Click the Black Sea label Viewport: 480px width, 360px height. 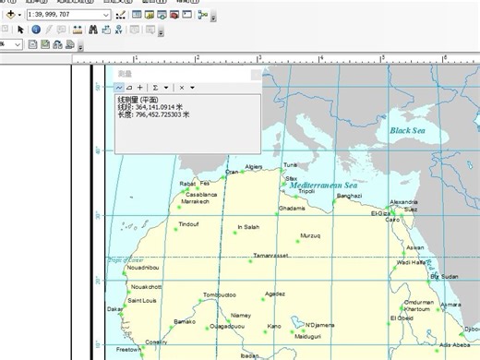tap(411, 131)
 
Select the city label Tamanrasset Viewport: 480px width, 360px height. tap(271, 255)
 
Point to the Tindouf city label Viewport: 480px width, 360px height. tap(188, 223)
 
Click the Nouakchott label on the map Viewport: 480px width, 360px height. tap(146, 287)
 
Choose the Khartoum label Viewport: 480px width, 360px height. tap(417, 309)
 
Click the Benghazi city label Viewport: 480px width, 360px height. tap(349, 196)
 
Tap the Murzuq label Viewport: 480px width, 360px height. tap(311, 235)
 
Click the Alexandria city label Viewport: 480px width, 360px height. tap(403, 201)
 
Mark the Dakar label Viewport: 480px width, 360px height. tap(114, 309)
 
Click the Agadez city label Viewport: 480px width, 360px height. tap(275, 294)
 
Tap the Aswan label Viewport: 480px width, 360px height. tap(415, 247)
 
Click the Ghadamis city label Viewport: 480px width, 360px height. tap(292, 209)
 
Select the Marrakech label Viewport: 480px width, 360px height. tap(196, 201)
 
